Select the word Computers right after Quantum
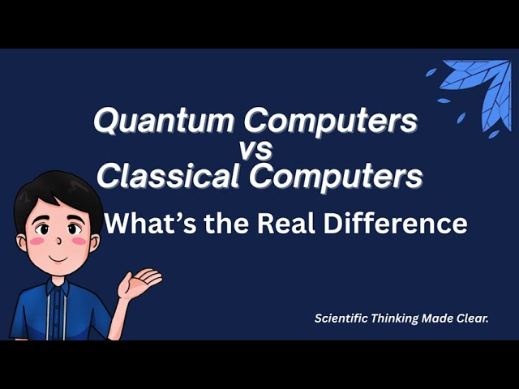pos(332,122)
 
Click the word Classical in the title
pos(166,176)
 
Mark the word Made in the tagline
pos(439,318)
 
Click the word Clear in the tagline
pos(474,318)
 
